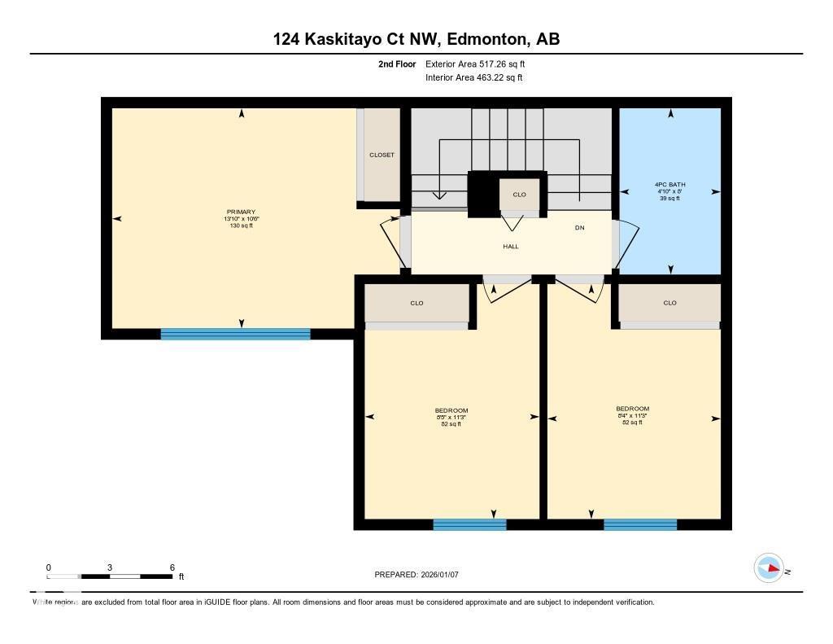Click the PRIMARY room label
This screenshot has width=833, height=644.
click(241, 212)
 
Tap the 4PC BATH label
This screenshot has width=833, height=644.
click(669, 185)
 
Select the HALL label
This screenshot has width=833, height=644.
click(510, 246)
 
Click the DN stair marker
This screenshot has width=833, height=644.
click(579, 228)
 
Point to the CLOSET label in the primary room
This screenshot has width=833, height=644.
click(382, 155)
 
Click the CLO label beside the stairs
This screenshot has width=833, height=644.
click(519, 195)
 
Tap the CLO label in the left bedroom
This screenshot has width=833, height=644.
click(416, 303)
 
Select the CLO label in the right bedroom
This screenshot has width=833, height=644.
click(669, 303)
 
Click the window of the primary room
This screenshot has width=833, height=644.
click(235, 334)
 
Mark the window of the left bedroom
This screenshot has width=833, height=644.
click(469, 524)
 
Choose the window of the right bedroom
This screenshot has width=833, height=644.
click(640, 524)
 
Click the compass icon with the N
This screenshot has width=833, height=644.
click(769, 567)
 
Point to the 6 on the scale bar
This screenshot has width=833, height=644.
click(172, 567)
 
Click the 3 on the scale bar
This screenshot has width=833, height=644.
click(109, 567)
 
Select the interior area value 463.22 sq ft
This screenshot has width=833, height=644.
click(496, 78)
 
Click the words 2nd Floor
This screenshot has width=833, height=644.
click(397, 64)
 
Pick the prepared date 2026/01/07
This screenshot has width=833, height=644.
click(446, 575)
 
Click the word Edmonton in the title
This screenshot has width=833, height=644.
click(483, 39)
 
